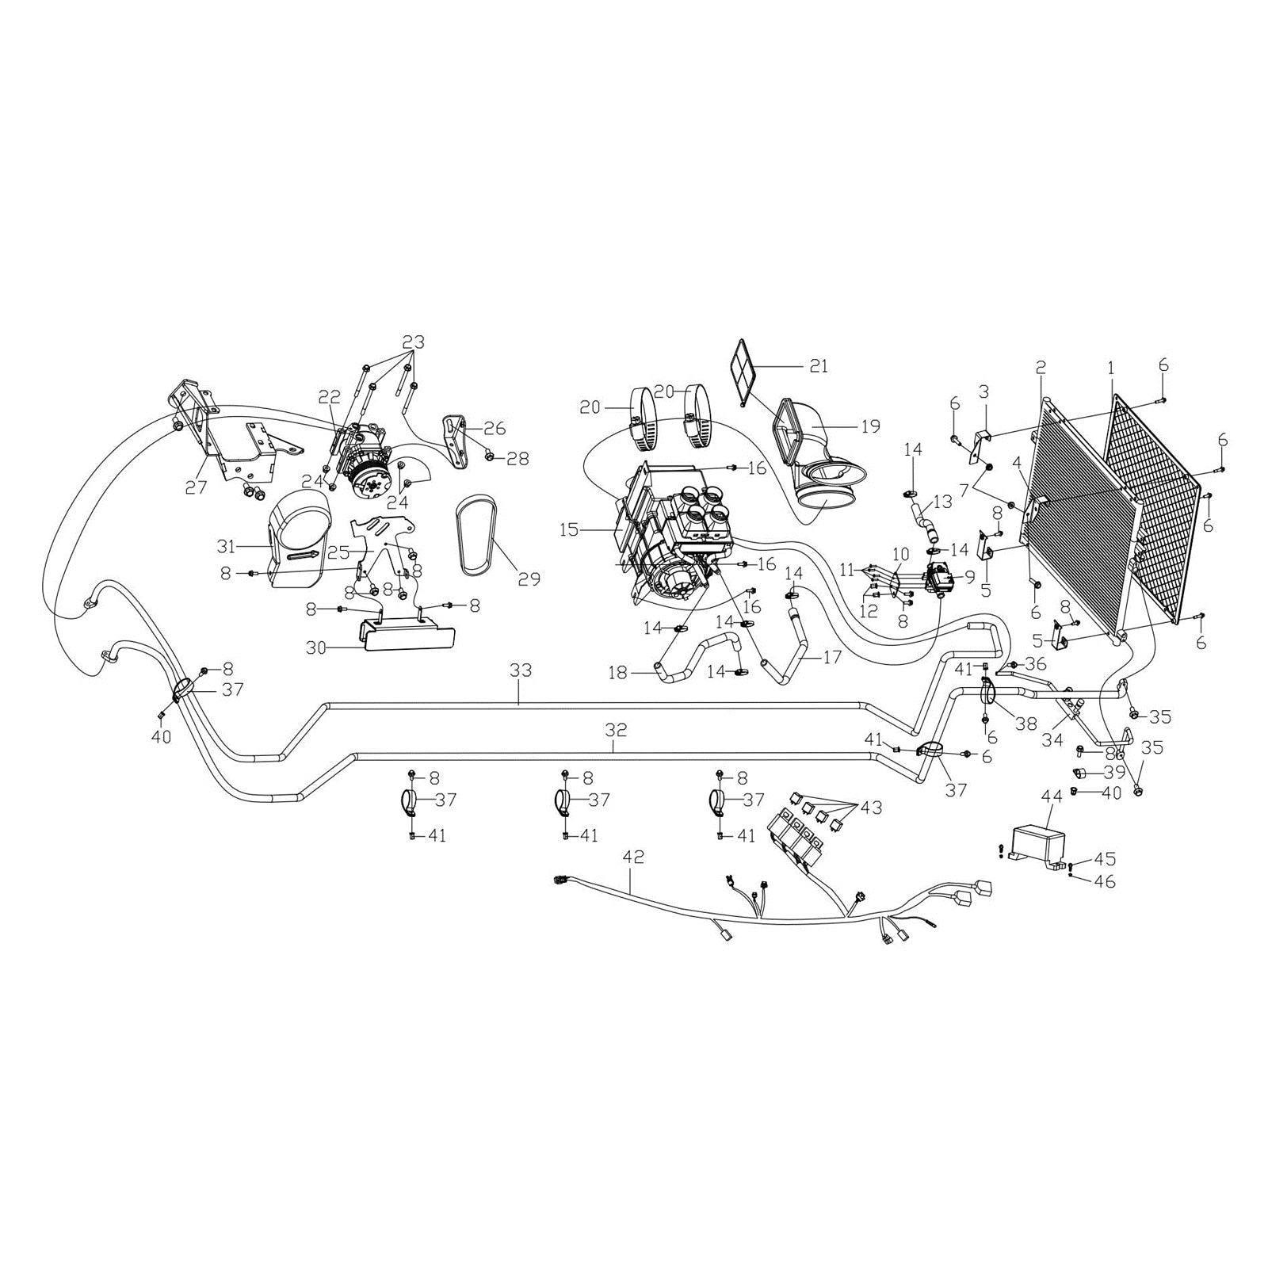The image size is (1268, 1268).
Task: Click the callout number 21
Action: (x=819, y=366)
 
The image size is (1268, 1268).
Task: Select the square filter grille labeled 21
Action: (x=743, y=371)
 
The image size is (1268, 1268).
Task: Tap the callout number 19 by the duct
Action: (x=869, y=427)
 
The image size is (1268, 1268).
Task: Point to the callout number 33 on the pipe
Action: (x=521, y=671)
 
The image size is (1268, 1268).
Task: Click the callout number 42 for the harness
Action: (x=634, y=857)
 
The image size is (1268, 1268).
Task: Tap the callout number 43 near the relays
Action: (x=870, y=808)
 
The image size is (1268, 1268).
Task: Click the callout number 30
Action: (x=317, y=648)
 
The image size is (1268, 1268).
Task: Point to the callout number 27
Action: (x=196, y=487)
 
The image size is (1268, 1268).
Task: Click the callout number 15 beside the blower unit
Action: (x=569, y=529)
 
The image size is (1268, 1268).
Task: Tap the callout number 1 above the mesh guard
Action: (x=1111, y=368)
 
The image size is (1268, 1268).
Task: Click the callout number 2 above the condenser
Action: (x=1041, y=367)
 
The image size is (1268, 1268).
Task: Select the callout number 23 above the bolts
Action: (x=413, y=342)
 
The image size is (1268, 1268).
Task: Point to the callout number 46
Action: (x=1104, y=881)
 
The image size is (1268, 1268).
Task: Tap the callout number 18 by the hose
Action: (x=618, y=674)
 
